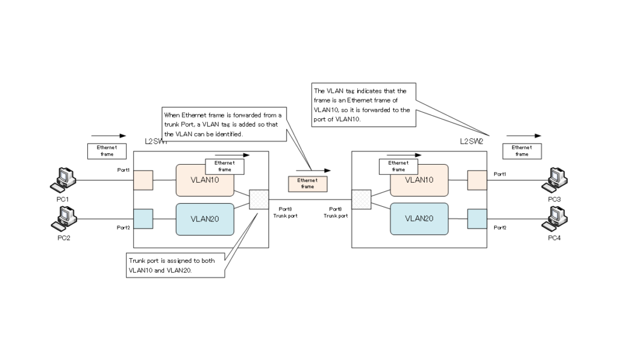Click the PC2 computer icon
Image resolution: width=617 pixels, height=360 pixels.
point(63,218)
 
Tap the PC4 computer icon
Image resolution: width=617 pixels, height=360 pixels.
point(554,218)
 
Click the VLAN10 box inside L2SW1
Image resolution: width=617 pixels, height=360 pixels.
point(204,180)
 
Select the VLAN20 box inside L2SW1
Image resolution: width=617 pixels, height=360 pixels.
point(204,219)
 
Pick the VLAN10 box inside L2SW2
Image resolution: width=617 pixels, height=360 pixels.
point(419,180)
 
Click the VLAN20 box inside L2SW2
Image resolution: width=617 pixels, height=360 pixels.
point(419,219)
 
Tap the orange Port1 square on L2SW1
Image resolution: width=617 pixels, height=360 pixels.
point(143,180)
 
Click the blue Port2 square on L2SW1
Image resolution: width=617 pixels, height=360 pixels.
point(143,218)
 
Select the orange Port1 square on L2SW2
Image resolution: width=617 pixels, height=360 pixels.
point(477,180)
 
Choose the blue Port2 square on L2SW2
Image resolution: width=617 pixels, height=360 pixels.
point(477,218)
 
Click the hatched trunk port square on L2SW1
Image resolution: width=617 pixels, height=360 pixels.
point(258,200)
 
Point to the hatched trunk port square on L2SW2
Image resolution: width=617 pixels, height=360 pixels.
point(361,200)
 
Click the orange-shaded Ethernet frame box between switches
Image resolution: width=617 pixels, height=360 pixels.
point(307,183)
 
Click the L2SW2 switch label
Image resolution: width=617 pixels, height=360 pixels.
point(472,141)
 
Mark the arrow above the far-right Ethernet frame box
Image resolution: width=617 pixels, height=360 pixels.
point(523,136)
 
